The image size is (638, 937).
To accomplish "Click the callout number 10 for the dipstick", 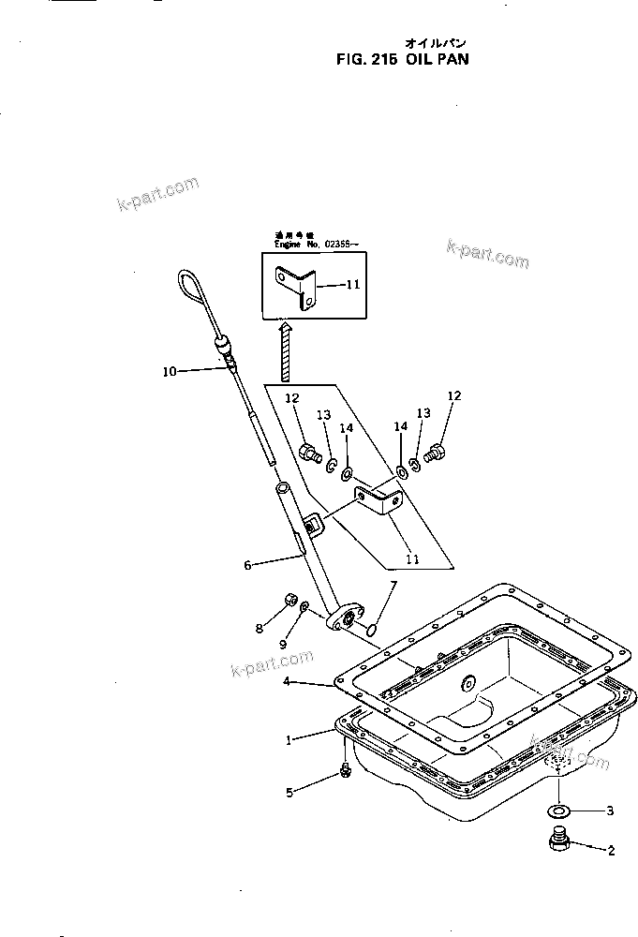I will click(x=169, y=371).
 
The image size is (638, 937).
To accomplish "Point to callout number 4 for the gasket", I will click(x=289, y=683).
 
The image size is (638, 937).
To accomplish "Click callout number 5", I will click(x=289, y=793).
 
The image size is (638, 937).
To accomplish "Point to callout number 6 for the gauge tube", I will click(x=247, y=565).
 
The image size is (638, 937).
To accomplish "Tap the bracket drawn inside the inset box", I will click(x=299, y=286).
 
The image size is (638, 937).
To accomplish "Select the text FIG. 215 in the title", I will click(x=368, y=56).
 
